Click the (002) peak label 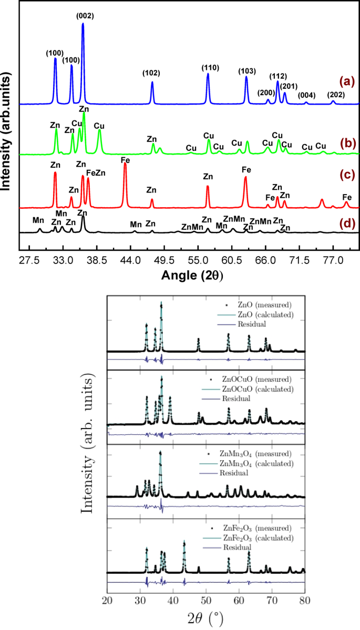coord(85,16)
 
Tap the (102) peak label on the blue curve coord(152,73)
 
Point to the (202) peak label coord(336,95)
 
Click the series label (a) coord(347,81)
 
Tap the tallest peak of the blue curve coord(83,25)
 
